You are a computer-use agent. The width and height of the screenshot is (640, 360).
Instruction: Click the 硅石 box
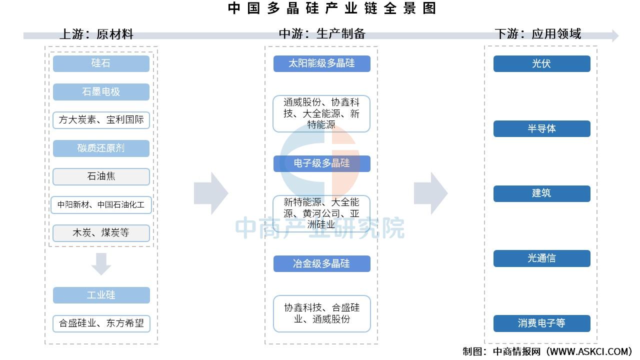[x=101, y=63]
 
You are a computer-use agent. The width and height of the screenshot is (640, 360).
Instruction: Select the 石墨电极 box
[x=101, y=91]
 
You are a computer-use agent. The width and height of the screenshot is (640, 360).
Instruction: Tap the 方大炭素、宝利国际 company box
[x=101, y=120]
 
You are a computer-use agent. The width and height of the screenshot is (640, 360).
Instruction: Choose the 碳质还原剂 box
[x=101, y=148]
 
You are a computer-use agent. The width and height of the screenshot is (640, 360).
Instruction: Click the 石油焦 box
[x=101, y=176]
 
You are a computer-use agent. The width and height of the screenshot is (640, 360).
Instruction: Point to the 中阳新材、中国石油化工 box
[x=101, y=205]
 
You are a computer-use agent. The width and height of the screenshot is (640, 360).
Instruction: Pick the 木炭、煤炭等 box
[x=101, y=233]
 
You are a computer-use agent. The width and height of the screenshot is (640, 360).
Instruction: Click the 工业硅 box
[x=101, y=295]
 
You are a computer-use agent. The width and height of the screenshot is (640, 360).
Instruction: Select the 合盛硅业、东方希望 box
[x=101, y=323]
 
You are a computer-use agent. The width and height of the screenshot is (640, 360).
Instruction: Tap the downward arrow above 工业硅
[x=101, y=264]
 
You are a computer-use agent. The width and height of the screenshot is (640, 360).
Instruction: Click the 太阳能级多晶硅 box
[x=322, y=63]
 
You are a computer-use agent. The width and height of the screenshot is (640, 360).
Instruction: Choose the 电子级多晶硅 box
[x=322, y=163]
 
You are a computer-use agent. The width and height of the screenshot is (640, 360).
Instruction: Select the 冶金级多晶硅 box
[x=322, y=263]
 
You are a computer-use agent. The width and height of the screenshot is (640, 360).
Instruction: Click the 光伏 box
[x=541, y=63]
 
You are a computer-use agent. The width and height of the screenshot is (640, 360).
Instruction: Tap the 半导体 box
[x=541, y=128]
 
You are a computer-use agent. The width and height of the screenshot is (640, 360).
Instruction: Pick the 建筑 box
[x=541, y=193]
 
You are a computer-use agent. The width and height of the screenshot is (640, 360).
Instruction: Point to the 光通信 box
[x=541, y=258]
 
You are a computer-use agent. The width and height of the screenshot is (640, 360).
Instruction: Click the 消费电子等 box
[x=541, y=323]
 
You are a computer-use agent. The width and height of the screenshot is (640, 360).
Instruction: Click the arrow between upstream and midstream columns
[x=211, y=193]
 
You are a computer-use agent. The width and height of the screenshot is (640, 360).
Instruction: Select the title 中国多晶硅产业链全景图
[x=332, y=8]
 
